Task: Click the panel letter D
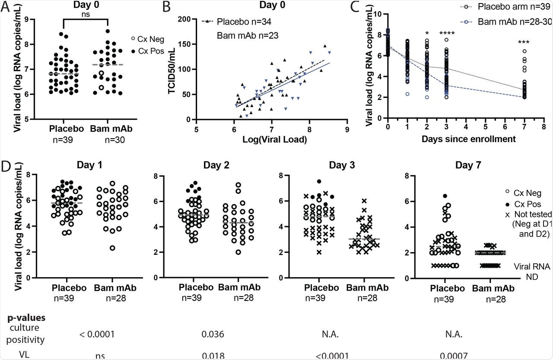click(x=6, y=166)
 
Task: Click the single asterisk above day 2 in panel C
click(x=427, y=34)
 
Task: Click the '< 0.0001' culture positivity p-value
click(x=96, y=334)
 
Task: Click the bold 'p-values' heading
click(x=27, y=318)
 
